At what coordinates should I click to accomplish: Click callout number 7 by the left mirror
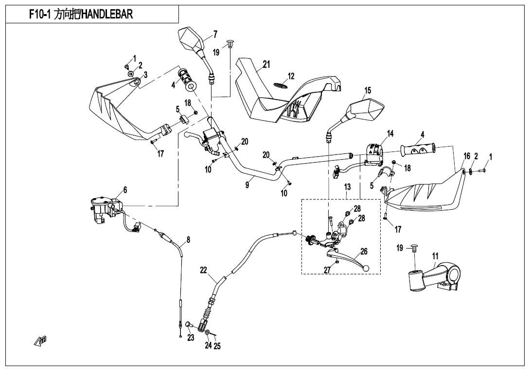pos(215,34)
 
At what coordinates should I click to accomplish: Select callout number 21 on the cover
pos(266,64)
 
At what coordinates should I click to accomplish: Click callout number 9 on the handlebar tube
pos(247,185)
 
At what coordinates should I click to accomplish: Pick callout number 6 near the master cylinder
pos(125,190)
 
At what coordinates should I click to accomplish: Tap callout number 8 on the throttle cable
pos(188,239)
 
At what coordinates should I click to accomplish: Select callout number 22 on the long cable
pos(204,270)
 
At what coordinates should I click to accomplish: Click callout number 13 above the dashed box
pos(347,187)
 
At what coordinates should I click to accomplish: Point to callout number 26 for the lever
pos(364,252)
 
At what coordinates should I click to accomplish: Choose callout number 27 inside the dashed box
pos(327,269)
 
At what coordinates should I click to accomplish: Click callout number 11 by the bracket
pos(435,256)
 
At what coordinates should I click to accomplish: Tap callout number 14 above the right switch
pos(390,133)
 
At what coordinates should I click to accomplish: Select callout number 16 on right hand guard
pos(467,156)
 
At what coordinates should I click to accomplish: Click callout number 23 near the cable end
pos(191,338)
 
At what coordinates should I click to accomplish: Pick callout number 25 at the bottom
pos(217,346)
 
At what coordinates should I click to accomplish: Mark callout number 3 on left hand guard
pos(145,74)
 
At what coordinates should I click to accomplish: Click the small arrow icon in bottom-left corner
pos(40,341)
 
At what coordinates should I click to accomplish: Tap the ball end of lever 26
pos(366,268)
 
